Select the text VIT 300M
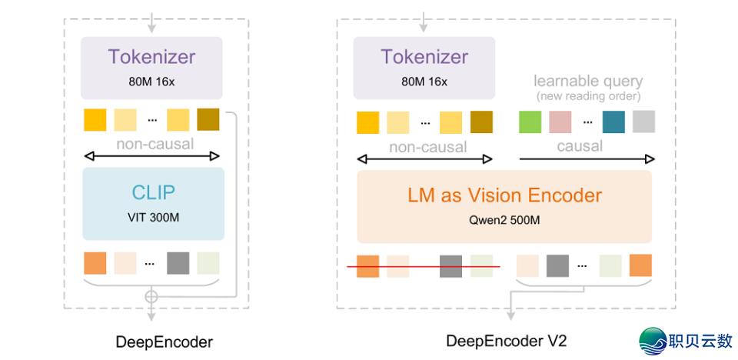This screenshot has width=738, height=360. point(152,217)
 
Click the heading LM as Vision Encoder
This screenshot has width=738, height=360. point(504,195)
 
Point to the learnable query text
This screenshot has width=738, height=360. point(588,81)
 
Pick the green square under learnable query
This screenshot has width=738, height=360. point(530,122)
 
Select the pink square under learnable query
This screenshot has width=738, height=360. point(560,122)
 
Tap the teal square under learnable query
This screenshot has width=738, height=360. point(613,122)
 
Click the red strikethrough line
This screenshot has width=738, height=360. point(424,267)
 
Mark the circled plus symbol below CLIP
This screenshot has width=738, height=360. point(152,295)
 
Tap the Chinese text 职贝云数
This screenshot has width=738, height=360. point(701,341)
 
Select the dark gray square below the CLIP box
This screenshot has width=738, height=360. point(178,263)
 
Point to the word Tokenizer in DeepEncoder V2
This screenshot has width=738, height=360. point(424,58)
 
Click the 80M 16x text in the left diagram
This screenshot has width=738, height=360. point(152,80)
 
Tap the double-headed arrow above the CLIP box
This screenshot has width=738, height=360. point(152,157)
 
